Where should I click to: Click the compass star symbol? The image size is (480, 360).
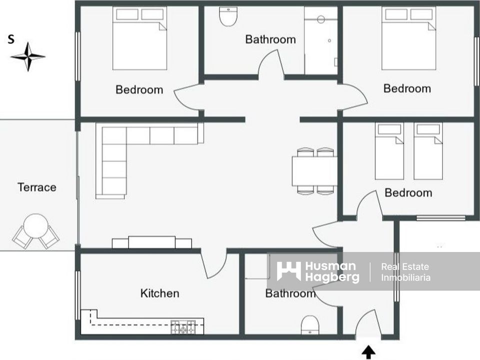(x=28, y=56)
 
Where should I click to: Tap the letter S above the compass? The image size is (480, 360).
(x=11, y=39)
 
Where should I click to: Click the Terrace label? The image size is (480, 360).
(x=36, y=187)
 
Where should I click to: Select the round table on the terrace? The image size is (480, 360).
(x=36, y=225)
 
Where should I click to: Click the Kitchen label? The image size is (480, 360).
(x=160, y=293)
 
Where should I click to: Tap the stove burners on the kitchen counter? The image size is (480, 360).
(x=183, y=327)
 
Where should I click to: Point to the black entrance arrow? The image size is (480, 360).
(x=368, y=352)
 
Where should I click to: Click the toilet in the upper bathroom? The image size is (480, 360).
(x=228, y=16)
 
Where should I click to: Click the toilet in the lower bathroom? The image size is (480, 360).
(x=310, y=325)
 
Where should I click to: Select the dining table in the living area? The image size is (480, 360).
(x=314, y=171)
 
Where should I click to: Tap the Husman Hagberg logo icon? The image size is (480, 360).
(x=288, y=271)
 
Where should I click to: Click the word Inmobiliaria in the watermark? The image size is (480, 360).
(x=405, y=277)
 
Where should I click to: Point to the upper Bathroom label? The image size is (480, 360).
(x=270, y=39)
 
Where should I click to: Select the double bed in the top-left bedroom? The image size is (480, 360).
(x=139, y=38)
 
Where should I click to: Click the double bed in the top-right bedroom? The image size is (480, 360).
(x=408, y=38)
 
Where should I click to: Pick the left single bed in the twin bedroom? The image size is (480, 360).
(x=389, y=151)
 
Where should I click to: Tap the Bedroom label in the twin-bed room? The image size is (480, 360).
(x=408, y=193)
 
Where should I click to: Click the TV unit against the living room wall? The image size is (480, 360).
(x=152, y=242)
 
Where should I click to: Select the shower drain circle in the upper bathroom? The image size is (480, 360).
(x=321, y=19)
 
